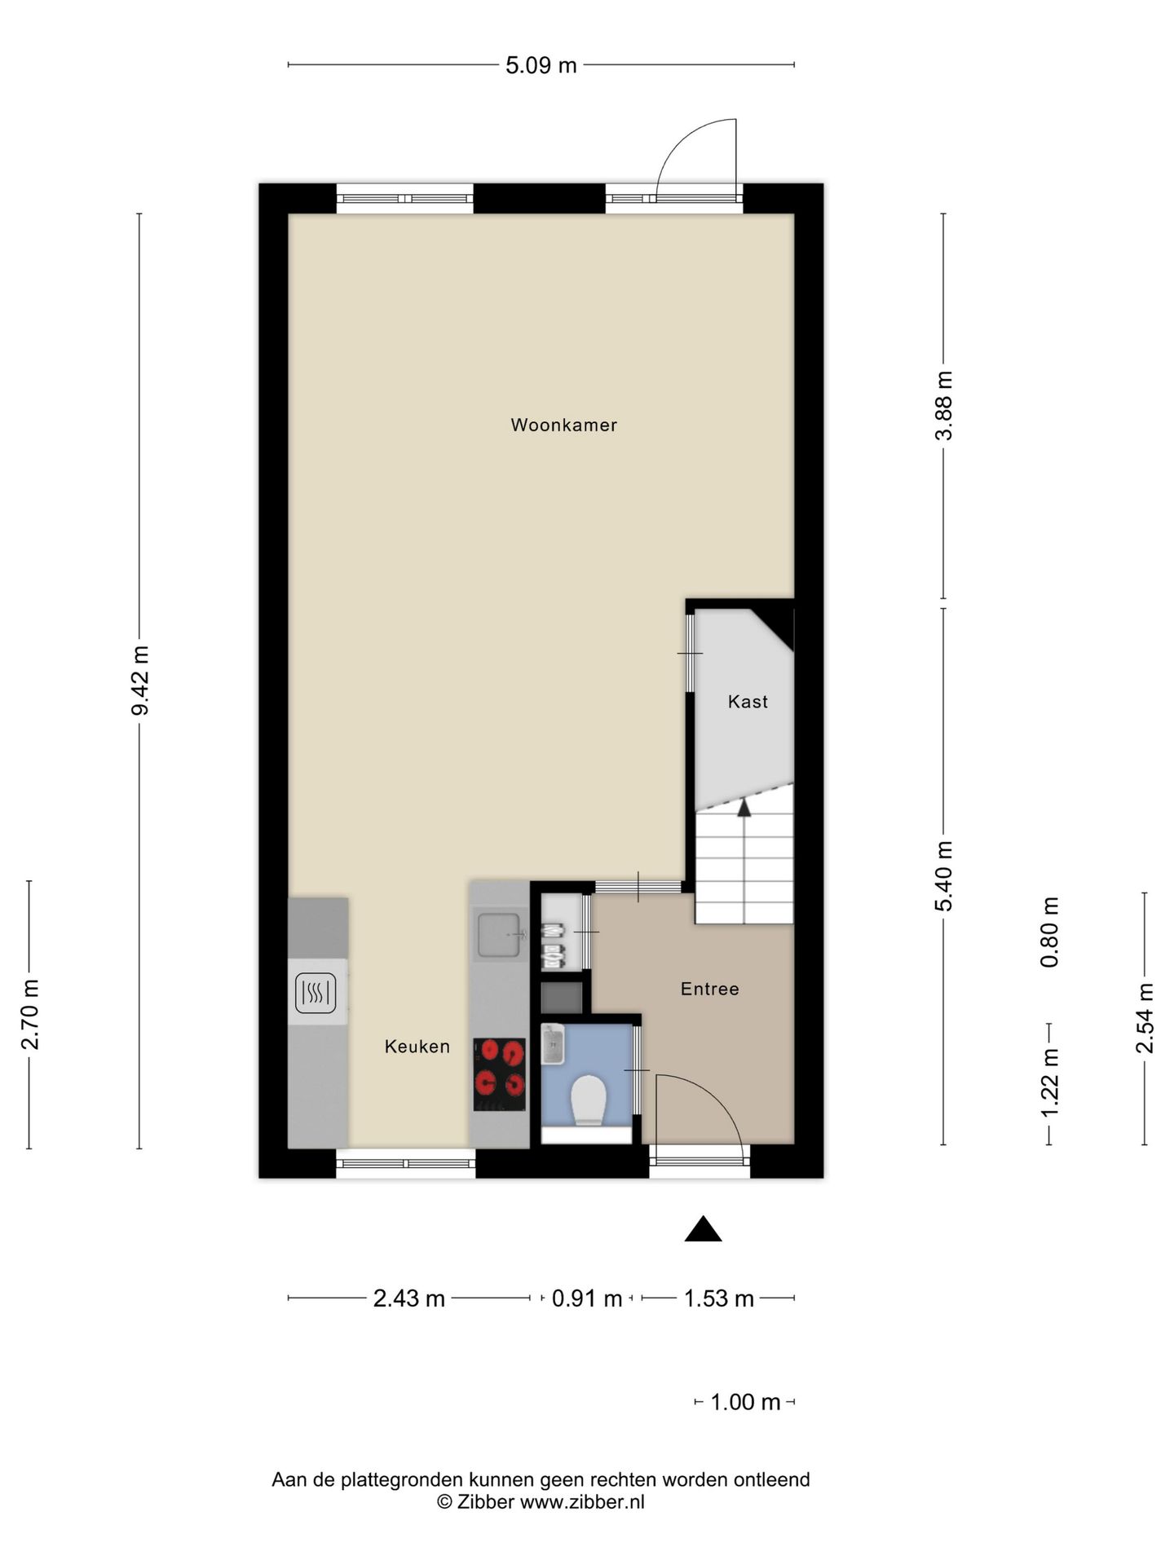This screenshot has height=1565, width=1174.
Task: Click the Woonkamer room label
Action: tap(563, 425)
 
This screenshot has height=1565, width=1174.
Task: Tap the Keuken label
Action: tap(417, 1047)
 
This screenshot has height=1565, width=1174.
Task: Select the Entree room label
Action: tap(710, 989)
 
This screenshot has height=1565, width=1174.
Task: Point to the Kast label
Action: tap(748, 701)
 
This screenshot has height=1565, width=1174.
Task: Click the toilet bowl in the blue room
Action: tap(588, 1100)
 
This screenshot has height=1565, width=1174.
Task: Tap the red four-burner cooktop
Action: tap(500, 1074)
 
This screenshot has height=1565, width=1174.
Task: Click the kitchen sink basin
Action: tap(499, 935)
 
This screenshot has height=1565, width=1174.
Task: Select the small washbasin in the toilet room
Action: tap(553, 1044)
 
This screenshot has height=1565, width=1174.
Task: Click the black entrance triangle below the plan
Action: tap(703, 1229)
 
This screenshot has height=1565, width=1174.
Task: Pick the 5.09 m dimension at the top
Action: tap(541, 65)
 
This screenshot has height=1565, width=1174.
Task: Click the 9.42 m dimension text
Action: tap(140, 680)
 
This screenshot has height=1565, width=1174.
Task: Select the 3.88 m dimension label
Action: tap(944, 405)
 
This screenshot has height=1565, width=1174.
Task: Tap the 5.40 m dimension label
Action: tap(944, 877)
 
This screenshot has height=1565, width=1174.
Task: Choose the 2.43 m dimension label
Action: tap(409, 1298)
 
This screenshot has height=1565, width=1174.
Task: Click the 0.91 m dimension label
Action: tap(587, 1298)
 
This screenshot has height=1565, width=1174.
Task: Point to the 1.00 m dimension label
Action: tap(745, 1402)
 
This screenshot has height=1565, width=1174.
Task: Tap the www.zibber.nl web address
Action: tap(582, 1502)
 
